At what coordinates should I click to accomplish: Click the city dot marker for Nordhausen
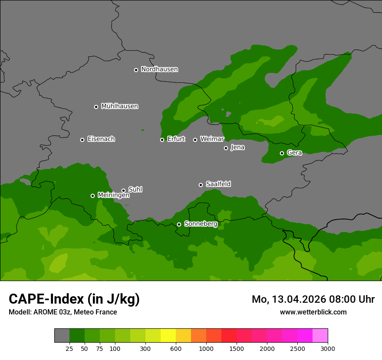(136, 70)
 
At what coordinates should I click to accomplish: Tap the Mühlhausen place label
(119, 106)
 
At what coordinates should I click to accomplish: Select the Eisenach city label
(101, 139)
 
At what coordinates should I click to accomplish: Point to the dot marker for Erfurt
(162, 140)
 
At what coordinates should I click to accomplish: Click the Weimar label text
(212, 139)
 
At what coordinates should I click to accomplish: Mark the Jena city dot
(226, 148)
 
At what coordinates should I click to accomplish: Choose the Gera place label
(294, 153)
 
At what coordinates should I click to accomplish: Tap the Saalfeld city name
(218, 184)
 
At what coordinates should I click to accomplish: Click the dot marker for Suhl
(123, 190)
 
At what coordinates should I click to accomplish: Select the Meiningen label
(113, 196)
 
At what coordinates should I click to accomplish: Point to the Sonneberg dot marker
(179, 224)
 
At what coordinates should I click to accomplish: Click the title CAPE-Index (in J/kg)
(74, 299)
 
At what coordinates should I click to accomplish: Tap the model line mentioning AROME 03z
(63, 312)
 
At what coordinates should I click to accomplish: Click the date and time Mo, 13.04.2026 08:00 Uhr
(313, 299)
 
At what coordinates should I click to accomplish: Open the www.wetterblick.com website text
(313, 312)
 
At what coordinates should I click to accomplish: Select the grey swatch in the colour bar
(62, 335)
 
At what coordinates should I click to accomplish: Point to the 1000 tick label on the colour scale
(206, 349)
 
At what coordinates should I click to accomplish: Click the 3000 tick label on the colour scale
(328, 349)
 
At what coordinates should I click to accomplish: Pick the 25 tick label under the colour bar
(69, 349)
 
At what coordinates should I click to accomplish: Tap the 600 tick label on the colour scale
(176, 349)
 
